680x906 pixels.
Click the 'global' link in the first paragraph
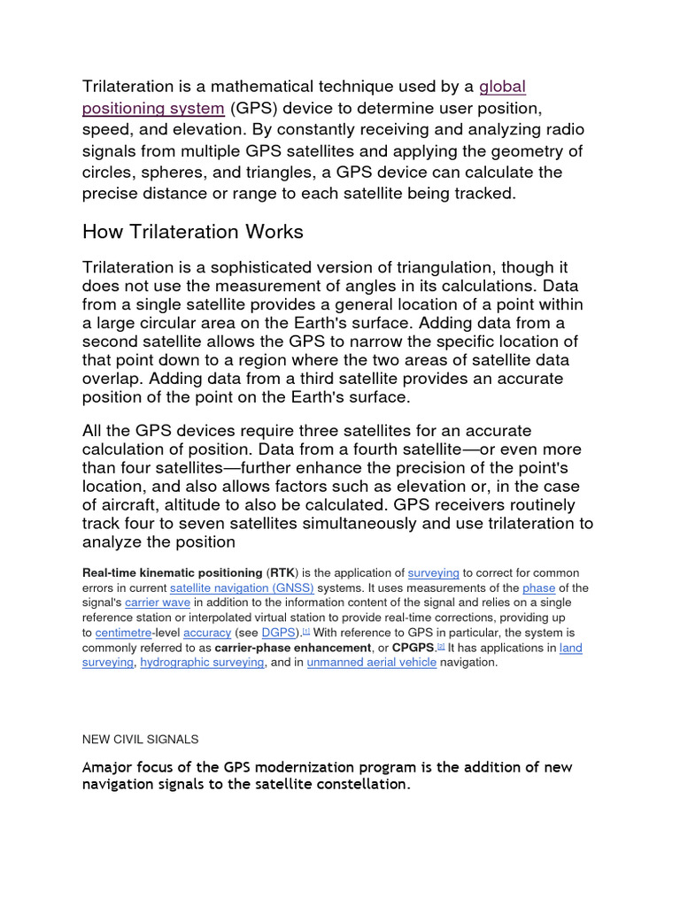(x=502, y=87)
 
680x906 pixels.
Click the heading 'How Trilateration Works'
(x=192, y=232)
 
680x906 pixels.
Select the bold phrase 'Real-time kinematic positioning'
(x=172, y=573)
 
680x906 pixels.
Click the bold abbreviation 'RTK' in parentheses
(x=282, y=573)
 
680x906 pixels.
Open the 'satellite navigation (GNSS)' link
(x=242, y=588)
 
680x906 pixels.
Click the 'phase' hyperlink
(x=538, y=588)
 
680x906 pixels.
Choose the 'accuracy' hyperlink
(x=207, y=633)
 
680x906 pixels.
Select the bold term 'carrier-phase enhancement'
(x=288, y=649)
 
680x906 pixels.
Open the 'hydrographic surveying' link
(x=202, y=663)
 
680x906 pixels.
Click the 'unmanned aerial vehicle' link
(x=372, y=663)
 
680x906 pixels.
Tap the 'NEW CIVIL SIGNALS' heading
(x=140, y=739)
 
